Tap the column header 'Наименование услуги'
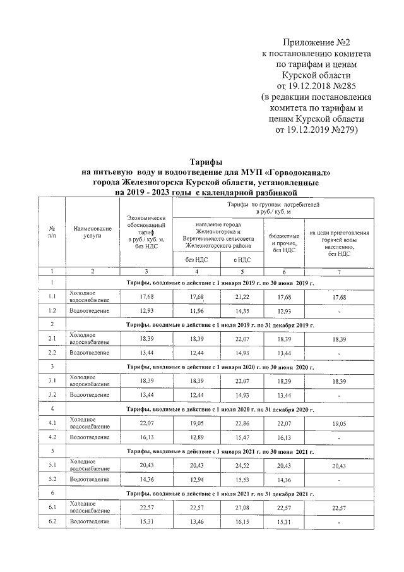pyautogui.click(x=92, y=232)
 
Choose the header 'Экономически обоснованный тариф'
pyautogui.click(x=146, y=232)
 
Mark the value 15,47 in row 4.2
pyautogui.click(x=242, y=436)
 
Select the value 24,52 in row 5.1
pyautogui.click(x=242, y=465)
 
